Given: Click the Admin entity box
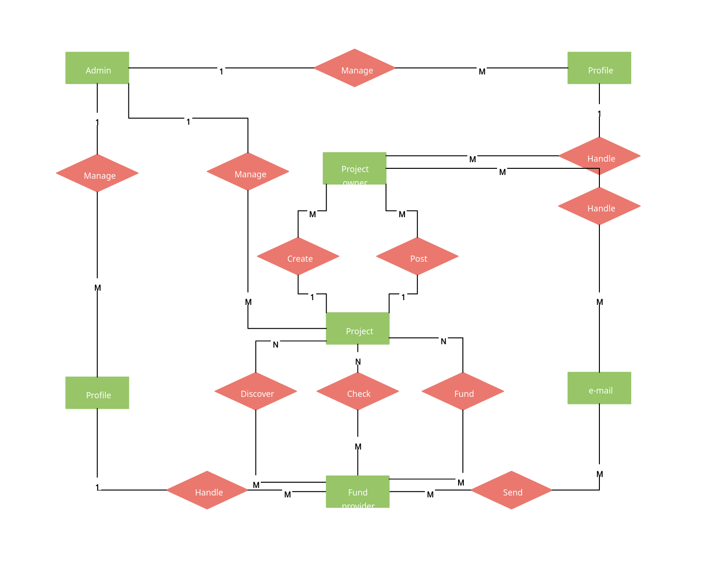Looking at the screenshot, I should pos(97,68).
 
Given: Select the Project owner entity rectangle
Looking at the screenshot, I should pos(354,168).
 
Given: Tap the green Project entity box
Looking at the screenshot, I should pos(358,328).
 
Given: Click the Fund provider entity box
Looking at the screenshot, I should pos(358,492).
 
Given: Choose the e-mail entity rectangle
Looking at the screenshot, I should pos(599,388).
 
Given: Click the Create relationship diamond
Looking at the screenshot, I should pos(298,257).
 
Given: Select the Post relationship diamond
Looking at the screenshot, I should pos(417,257).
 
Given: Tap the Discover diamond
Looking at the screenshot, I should pos(256,392).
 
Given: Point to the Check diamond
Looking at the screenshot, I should pos(358,392).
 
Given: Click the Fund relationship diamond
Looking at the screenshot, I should pos(463,392).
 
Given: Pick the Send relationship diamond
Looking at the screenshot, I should pos(511,490).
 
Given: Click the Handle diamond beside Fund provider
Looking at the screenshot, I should pos(207,490).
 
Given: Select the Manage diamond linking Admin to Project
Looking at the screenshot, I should pos(248,172).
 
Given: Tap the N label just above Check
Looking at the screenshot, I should pos(358,362).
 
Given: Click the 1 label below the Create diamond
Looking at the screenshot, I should pos(312,297).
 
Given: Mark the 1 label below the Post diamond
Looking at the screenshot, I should pos(403,297).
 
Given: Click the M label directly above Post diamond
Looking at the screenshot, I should pos(402,214).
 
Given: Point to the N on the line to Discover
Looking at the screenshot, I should pos(276,345).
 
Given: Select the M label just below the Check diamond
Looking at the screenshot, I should pos(358,447).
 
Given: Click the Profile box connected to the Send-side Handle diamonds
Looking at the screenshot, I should pos(599,68).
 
